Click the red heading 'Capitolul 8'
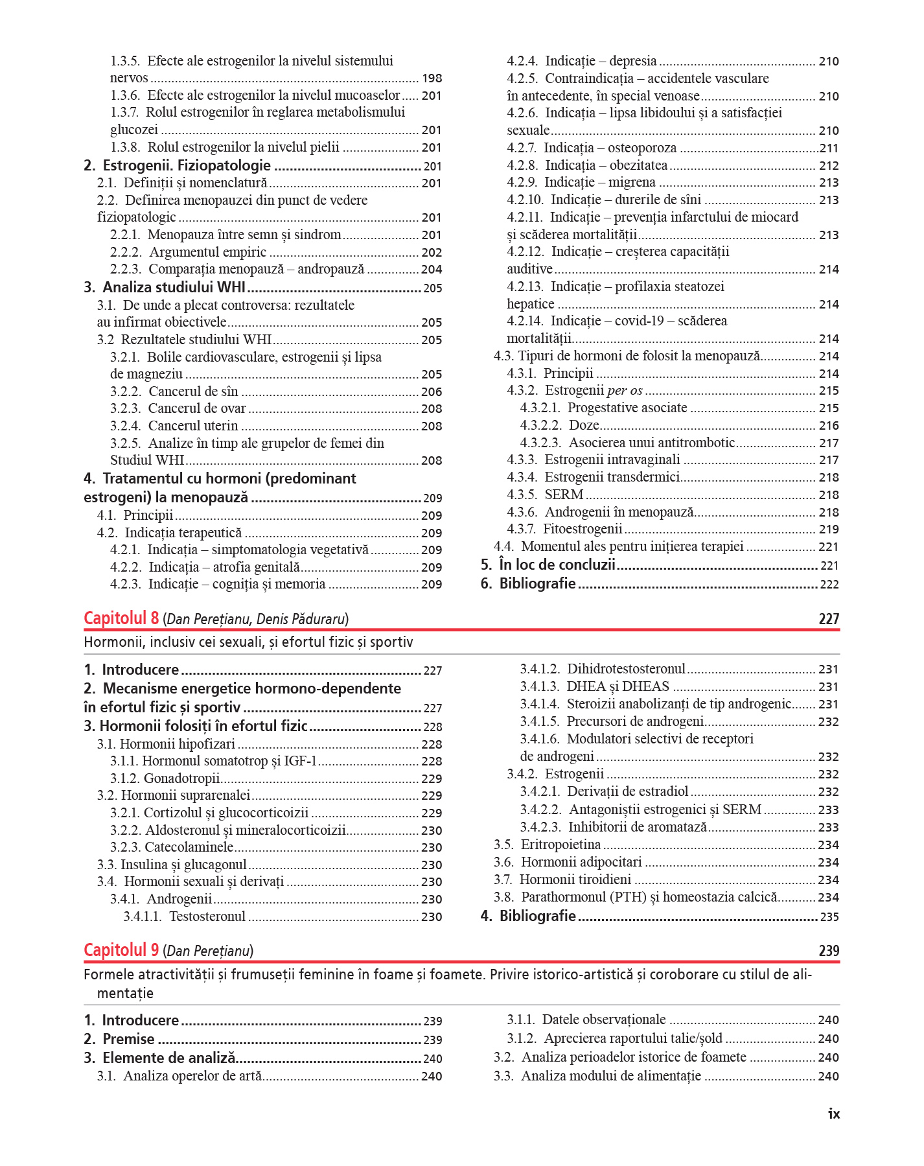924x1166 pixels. click(x=121, y=618)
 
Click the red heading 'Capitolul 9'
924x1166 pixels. click(x=121, y=950)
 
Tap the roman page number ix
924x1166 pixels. click(x=833, y=1114)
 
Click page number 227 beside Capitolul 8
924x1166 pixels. click(x=829, y=619)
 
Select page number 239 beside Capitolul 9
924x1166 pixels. click(x=829, y=951)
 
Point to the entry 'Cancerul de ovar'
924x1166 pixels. click(x=197, y=408)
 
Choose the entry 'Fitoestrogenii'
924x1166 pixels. click(x=583, y=529)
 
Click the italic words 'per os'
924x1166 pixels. click(x=625, y=391)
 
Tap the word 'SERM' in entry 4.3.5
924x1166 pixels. click(x=564, y=495)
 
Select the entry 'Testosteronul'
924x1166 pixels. click(x=207, y=916)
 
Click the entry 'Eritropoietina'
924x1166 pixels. click(x=560, y=845)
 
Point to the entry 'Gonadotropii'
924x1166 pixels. click(x=181, y=778)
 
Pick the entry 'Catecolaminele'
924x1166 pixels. click(x=189, y=847)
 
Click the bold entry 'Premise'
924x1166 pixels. click(x=128, y=1039)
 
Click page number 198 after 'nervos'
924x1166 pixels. click(x=432, y=78)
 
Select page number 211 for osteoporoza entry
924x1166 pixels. click(x=829, y=148)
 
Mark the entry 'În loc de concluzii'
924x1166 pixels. click(x=557, y=565)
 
